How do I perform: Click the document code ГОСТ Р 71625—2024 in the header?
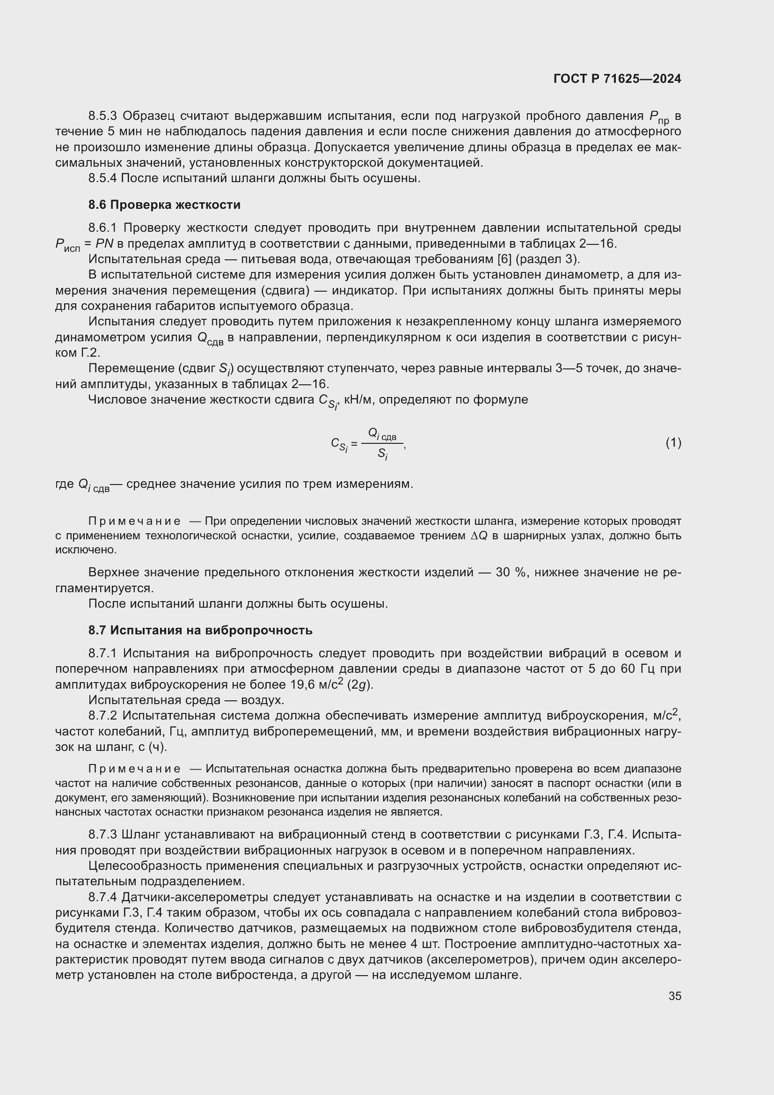617,79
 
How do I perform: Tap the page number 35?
674,996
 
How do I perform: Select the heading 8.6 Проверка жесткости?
164,205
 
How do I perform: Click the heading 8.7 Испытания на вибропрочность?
200,630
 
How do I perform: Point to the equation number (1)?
673,442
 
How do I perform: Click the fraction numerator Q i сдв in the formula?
382,434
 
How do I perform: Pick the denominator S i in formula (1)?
382,454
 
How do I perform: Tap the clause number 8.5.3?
102,116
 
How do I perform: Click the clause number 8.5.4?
102,178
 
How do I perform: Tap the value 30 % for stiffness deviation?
510,572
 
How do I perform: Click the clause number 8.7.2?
102,715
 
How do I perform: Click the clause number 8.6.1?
102,228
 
